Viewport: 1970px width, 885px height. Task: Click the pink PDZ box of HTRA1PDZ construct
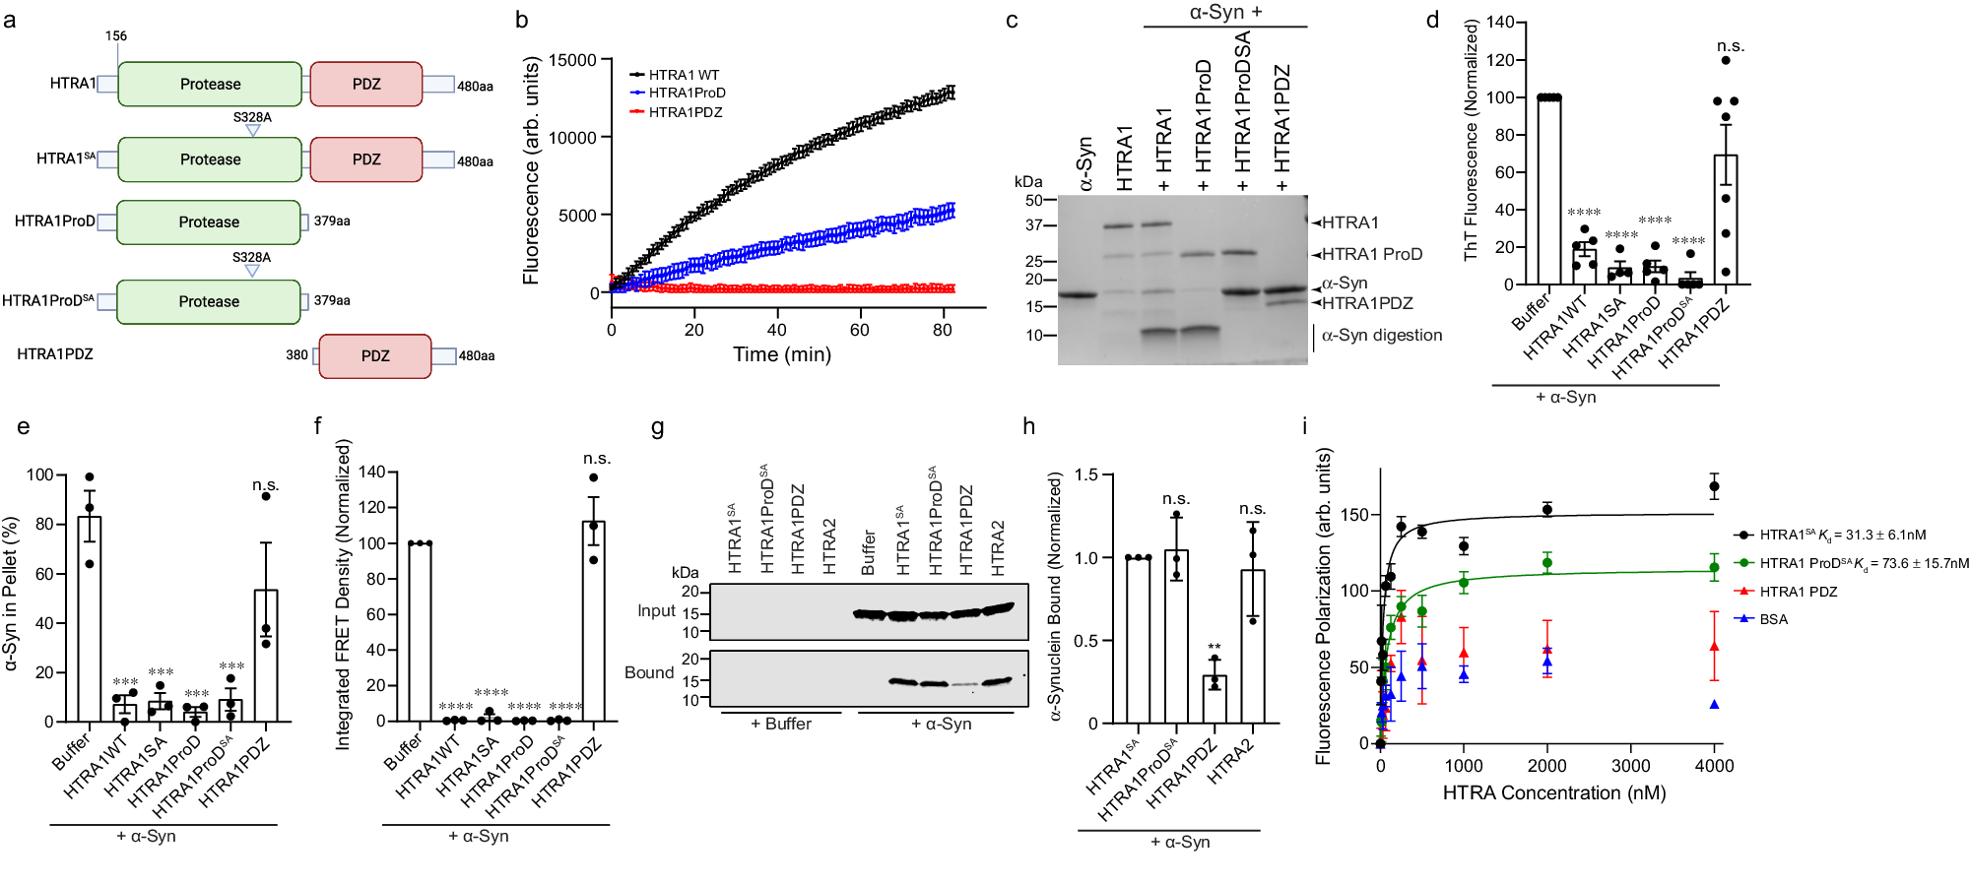coord(374,355)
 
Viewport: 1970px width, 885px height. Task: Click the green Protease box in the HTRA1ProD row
coord(209,222)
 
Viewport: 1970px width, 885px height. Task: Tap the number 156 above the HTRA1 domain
coord(116,35)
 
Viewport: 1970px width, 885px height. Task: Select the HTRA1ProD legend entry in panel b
coord(687,93)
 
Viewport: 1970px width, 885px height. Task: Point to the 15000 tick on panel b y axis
coord(572,60)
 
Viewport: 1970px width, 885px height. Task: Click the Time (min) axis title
coord(781,354)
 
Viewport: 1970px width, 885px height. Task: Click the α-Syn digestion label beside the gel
coord(1381,335)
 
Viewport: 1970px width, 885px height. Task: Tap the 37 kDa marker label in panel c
coord(1033,224)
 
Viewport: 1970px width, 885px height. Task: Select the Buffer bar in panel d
coord(1548,191)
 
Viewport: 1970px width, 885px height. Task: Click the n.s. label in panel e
coord(265,485)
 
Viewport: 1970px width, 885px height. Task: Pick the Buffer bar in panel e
coord(90,619)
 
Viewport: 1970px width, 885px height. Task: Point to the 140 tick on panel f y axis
coord(371,472)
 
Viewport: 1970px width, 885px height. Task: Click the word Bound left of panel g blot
coord(649,672)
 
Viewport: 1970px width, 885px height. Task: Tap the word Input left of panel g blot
coord(656,610)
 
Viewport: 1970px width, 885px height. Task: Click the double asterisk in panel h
coord(1214,648)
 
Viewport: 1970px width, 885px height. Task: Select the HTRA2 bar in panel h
coord(1252,647)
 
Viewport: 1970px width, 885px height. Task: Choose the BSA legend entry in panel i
coord(1773,619)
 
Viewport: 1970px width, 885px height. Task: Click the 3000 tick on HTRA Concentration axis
coord(1630,766)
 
